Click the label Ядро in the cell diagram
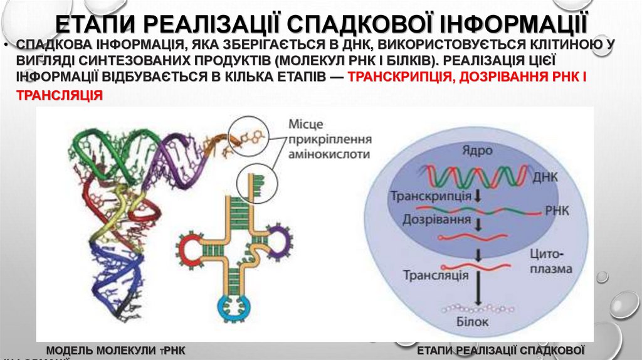coord(478,151)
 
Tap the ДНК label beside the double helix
coord(545,177)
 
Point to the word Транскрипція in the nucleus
coord(431,196)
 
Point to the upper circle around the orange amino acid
coord(246,134)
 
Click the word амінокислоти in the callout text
coord(330,154)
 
